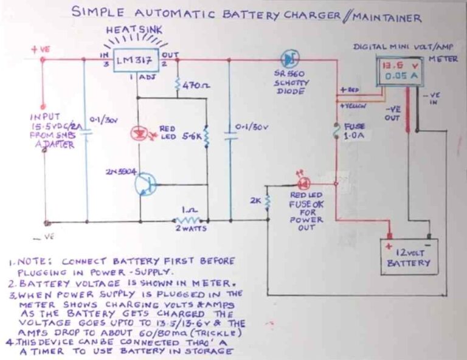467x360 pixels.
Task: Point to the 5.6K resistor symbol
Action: (x=206, y=137)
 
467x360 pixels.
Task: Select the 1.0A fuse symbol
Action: (x=336, y=133)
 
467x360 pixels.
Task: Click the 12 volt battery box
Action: (x=409, y=255)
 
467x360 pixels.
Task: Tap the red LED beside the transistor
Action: (x=137, y=132)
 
